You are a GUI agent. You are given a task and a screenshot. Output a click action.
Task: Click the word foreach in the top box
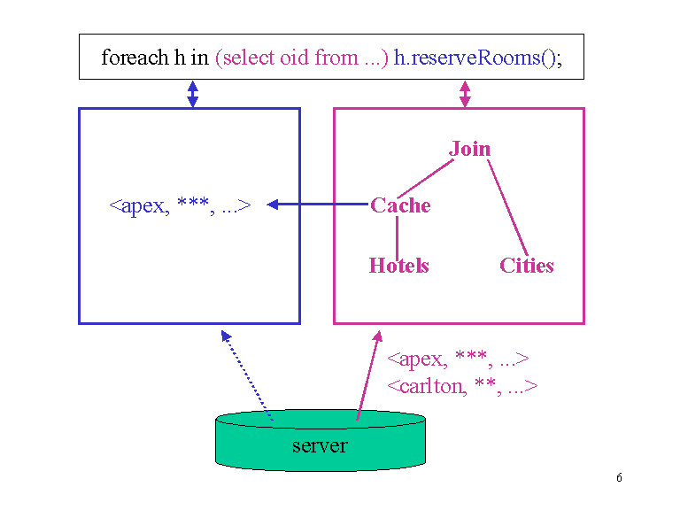[x=135, y=58]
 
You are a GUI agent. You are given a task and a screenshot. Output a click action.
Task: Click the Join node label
[x=469, y=149]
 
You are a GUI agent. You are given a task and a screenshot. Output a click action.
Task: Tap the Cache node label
[x=400, y=205]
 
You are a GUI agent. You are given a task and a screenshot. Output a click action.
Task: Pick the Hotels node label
[x=398, y=266]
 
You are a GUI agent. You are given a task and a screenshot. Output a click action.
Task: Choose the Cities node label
[x=526, y=266]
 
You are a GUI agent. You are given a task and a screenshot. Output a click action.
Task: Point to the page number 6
[x=619, y=479]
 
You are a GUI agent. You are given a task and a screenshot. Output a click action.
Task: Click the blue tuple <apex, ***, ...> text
[x=180, y=206]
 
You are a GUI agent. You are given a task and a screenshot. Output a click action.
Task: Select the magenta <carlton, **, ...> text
[x=462, y=386]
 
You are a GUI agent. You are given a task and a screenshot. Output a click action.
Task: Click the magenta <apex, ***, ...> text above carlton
[x=458, y=359]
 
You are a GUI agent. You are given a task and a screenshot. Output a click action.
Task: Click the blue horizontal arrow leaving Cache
[x=319, y=205]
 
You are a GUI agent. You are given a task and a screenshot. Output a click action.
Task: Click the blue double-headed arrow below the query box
[x=192, y=94]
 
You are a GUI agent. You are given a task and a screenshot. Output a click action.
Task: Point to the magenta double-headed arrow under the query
[x=465, y=94]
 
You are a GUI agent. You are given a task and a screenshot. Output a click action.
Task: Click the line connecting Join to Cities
[x=507, y=208]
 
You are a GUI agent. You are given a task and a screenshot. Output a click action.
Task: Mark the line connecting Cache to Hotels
[x=397, y=236]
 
